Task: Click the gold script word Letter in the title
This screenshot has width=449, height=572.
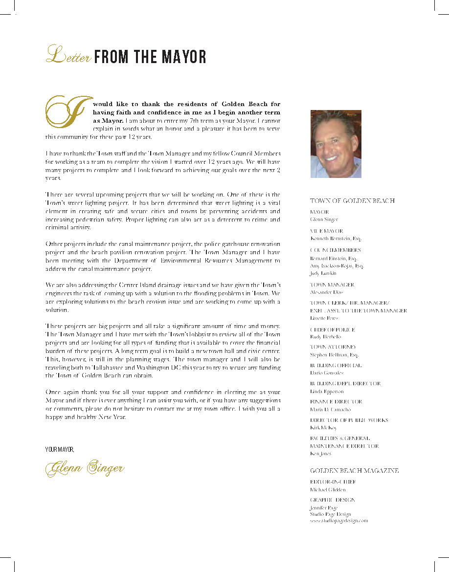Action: coord(68,55)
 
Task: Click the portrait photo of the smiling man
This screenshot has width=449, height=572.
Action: coord(336,144)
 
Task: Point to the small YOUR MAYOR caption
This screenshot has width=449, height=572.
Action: coord(60,449)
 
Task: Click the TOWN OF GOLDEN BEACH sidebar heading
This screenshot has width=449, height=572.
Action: coord(352,201)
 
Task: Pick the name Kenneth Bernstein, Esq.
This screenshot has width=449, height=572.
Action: coord(336,239)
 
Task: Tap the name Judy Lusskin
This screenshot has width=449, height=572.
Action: coord(324,274)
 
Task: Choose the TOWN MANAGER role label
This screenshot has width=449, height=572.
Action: coord(332,285)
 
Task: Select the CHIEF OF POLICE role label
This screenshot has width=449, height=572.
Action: coord(333,330)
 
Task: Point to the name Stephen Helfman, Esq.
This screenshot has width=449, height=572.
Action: coord(334,355)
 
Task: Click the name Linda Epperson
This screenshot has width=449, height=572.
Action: coord(327,392)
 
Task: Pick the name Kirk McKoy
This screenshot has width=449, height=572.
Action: coord(323,428)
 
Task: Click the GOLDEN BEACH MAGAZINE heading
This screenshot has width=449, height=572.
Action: coord(354,471)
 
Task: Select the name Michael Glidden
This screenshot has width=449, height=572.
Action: coord(328,489)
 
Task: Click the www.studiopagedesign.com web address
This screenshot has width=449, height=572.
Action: coord(339,521)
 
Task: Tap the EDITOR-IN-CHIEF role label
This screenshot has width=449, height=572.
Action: coord(333,482)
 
